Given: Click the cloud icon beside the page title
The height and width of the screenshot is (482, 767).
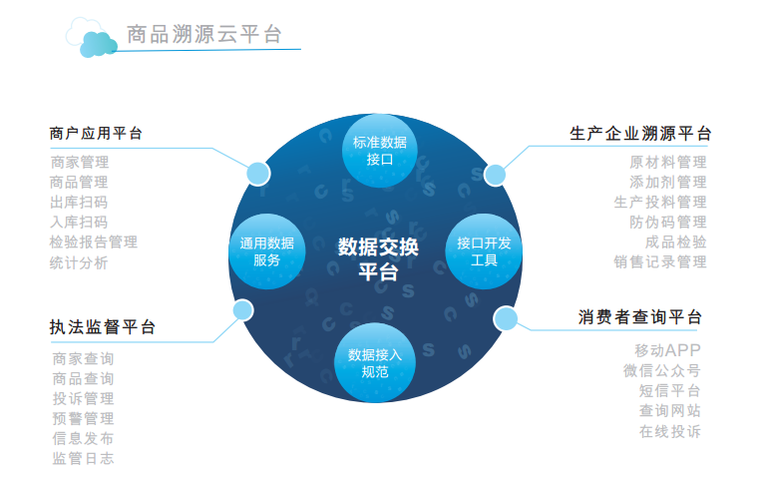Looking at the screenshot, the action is point(92,38).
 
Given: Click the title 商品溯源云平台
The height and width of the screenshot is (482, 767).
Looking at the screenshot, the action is point(204,34).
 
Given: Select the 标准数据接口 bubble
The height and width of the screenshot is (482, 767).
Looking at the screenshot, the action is point(380,151).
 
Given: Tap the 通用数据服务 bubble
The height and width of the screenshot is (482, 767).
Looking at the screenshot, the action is point(267,251).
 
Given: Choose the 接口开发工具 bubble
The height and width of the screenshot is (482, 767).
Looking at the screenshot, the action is point(484,251).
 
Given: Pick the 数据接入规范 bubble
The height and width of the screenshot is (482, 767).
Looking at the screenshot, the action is point(375,362).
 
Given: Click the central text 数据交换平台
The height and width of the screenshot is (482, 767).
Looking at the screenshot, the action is point(378,258).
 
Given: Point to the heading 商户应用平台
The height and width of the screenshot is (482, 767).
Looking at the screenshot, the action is point(96,133).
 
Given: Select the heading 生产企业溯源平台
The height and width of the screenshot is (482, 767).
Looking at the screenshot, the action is point(640,133).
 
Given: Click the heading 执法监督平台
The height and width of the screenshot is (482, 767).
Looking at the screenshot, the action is point(103,327).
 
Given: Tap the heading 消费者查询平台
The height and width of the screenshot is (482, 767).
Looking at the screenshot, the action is point(639,317).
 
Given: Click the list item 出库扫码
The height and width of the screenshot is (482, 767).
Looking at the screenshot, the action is point(79,203).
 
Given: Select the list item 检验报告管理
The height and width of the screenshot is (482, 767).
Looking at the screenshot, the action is point(94,241).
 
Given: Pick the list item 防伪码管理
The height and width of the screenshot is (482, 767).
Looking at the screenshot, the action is point(667,223).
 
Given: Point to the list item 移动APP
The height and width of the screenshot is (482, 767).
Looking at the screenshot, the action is point(667,350).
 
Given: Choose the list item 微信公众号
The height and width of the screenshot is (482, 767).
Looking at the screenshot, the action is point(662,370).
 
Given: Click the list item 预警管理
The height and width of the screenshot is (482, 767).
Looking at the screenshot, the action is point(83,418).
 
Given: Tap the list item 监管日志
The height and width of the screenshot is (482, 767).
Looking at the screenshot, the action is point(83,458).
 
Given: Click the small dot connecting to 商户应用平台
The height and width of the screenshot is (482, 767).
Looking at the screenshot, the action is point(258,174).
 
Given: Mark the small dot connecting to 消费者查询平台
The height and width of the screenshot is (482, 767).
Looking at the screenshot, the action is point(506,318).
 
